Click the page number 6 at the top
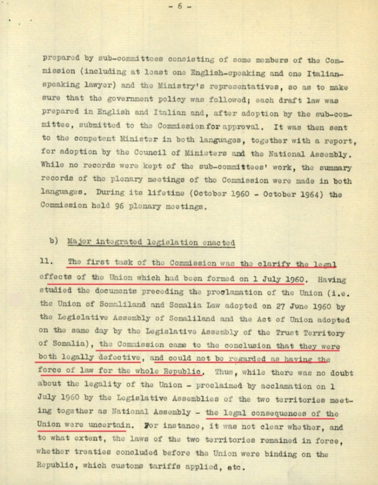[189, 7]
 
